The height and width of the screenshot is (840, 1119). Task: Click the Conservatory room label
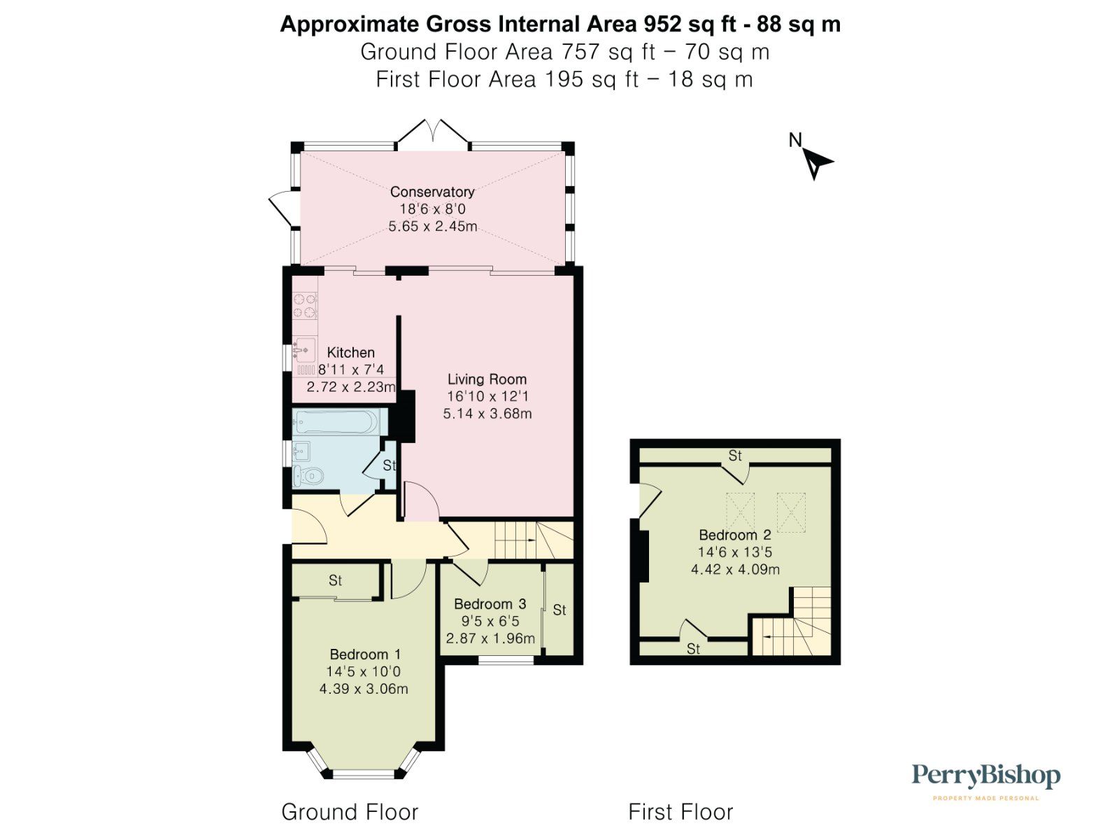432,192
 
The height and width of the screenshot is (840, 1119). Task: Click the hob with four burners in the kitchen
304,305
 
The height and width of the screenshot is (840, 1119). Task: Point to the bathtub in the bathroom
336,423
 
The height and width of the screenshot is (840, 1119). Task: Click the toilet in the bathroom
308,477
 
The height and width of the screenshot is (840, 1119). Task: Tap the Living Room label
487,379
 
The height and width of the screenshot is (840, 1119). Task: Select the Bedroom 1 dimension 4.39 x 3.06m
364,689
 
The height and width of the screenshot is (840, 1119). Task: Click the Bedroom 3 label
490,604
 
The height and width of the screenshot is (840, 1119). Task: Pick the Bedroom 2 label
735,535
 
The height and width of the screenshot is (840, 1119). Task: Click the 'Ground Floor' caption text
350,812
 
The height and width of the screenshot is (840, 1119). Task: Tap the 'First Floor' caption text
680,812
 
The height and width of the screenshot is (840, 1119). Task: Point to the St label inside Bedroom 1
335,580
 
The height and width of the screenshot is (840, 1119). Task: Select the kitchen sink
304,350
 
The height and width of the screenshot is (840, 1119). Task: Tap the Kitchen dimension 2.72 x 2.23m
351,386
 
